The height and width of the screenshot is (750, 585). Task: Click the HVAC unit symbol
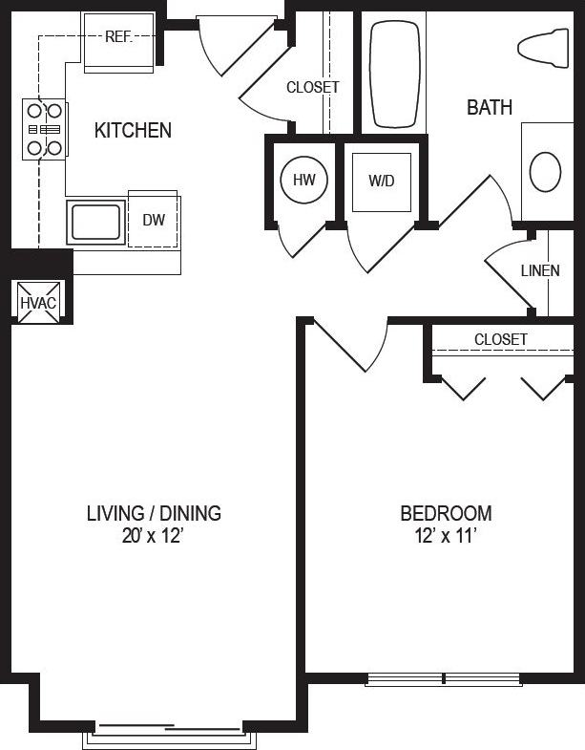click(x=39, y=302)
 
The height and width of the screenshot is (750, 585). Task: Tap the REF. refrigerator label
click(x=118, y=38)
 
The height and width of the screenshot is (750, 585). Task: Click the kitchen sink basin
click(x=96, y=222)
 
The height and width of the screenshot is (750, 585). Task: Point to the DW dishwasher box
click(x=154, y=221)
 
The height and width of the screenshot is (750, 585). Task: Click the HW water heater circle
click(x=304, y=181)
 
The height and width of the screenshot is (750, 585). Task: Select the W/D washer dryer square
click(x=381, y=181)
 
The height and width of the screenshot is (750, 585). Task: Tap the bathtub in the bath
click(x=395, y=75)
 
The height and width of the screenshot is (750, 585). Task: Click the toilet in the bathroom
click(x=545, y=47)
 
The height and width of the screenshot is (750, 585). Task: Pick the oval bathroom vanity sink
click(x=545, y=173)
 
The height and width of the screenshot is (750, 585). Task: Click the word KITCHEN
click(x=133, y=131)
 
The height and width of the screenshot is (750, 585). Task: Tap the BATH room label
click(x=489, y=108)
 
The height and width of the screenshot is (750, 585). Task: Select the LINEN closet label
click(x=540, y=270)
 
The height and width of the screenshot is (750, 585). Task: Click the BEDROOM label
click(x=446, y=514)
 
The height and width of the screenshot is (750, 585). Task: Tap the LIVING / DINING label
click(x=154, y=514)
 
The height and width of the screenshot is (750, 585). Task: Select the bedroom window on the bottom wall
click(x=445, y=680)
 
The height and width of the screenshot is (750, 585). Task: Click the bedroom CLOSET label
click(x=500, y=339)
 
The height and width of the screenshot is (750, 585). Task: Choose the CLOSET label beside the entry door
click(x=312, y=87)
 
